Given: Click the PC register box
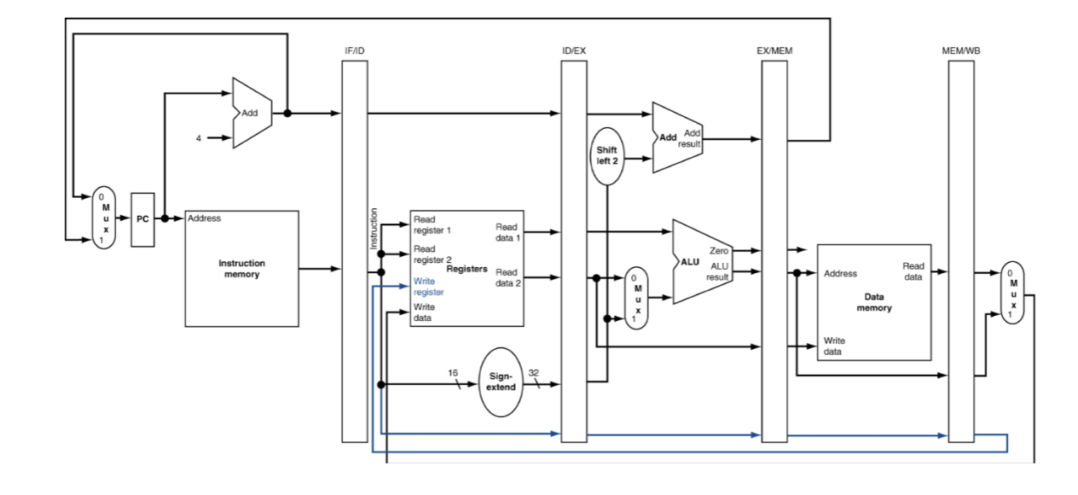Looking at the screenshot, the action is coord(143,219).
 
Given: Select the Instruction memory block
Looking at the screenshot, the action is coord(241,269).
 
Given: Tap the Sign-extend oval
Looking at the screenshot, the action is coord(501,381).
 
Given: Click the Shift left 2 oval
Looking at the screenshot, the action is coord(607,156).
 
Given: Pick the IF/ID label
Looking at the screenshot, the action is coord(355,50).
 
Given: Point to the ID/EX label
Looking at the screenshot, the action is coord(574,50).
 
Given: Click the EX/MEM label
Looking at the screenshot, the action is coord(774,50).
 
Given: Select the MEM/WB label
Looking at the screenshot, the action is coord(961,50).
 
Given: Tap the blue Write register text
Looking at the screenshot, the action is coord(428,287).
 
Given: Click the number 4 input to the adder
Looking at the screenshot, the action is coord(198,138).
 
